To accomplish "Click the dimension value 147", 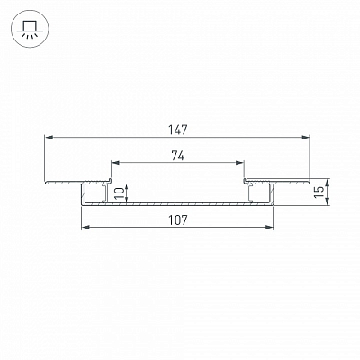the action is click(x=177, y=130).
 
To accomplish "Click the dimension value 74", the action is click(x=177, y=156).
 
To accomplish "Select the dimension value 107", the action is click(x=177, y=220).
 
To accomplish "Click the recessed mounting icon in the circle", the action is click(x=28, y=29).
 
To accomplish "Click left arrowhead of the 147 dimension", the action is click(x=49, y=138).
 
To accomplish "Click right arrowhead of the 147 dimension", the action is click(x=305, y=138).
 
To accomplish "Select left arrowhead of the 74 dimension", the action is click(x=115, y=163).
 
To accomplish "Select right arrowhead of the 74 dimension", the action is click(x=239, y=163).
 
